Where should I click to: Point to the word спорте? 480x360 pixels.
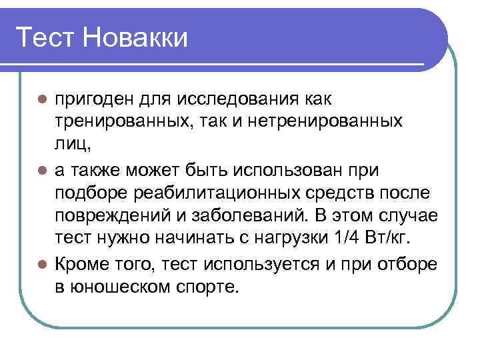(x=204, y=287)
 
